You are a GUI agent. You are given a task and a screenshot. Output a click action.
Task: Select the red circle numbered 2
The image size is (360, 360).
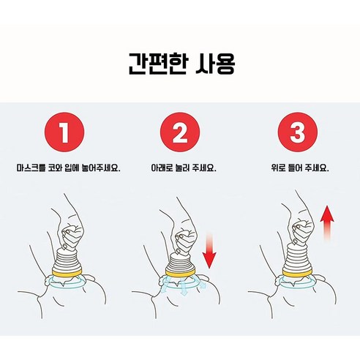coord(179,134)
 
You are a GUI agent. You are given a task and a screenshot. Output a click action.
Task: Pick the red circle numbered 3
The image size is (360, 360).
coord(299,134)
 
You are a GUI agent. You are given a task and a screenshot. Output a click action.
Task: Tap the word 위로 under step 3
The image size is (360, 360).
coord(277,168)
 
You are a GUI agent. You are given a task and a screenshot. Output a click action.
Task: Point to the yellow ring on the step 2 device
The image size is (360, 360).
coord(179,276)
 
